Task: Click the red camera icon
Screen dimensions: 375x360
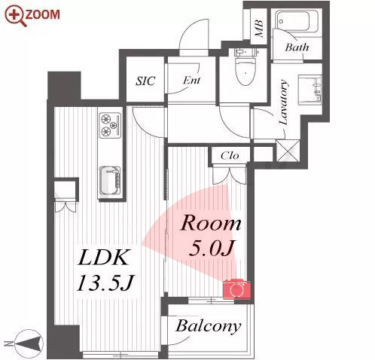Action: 236,288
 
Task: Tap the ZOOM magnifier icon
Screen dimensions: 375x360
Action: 16,16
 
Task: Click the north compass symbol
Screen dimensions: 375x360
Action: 29,343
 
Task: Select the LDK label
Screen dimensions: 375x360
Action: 102,258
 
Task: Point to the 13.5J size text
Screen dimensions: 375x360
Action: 105,282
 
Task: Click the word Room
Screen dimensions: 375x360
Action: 211,223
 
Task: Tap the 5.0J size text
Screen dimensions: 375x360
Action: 212,248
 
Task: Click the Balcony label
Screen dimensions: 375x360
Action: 208,326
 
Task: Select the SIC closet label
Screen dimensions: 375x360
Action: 145,81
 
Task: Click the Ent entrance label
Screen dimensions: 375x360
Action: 191,81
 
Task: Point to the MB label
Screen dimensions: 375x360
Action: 259,28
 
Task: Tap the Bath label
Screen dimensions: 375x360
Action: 297,47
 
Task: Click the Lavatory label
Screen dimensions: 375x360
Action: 283,102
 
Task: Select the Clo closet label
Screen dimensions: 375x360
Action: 230,156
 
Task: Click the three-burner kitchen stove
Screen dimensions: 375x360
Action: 110,125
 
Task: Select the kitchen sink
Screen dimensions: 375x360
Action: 110,181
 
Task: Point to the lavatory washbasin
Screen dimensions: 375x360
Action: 309,89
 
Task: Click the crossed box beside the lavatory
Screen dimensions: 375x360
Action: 288,151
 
